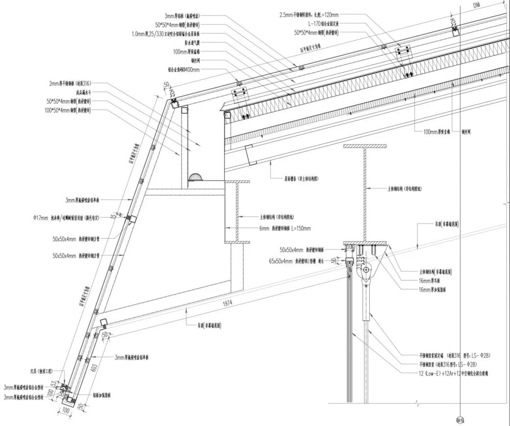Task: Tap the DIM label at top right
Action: point(477,4)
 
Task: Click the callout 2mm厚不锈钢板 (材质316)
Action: point(70,83)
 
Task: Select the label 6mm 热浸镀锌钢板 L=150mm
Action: point(285,228)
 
